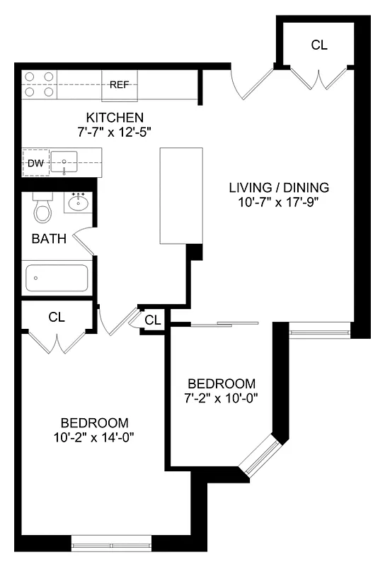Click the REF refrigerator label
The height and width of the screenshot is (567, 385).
click(x=120, y=85)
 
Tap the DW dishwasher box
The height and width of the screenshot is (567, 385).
click(x=35, y=164)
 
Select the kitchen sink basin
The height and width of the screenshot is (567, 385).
click(x=68, y=164)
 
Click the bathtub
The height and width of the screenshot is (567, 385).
click(x=57, y=278)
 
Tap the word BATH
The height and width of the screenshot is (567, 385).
click(x=49, y=239)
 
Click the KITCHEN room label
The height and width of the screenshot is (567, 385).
click(x=115, y=117)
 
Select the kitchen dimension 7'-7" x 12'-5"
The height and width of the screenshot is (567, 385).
click(x=115, y=131)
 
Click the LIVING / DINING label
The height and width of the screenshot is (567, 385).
click(x=279, y=188)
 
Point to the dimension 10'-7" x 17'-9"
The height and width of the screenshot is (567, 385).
click(x=279, y=202)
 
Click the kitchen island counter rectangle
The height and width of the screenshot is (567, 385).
click(x=181, y=195)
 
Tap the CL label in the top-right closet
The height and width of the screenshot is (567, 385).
click(x=319, y=45)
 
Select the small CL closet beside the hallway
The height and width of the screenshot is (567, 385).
click(x=152, y=320)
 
